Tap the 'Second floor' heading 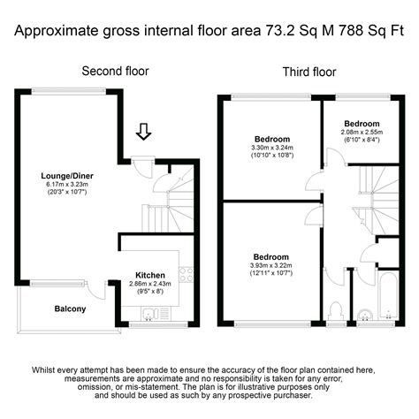click(115, 71)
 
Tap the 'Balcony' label click(71, 309)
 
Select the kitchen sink click(150, 312)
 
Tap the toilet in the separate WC click(334, 310)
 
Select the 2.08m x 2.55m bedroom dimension click(362, 135)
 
